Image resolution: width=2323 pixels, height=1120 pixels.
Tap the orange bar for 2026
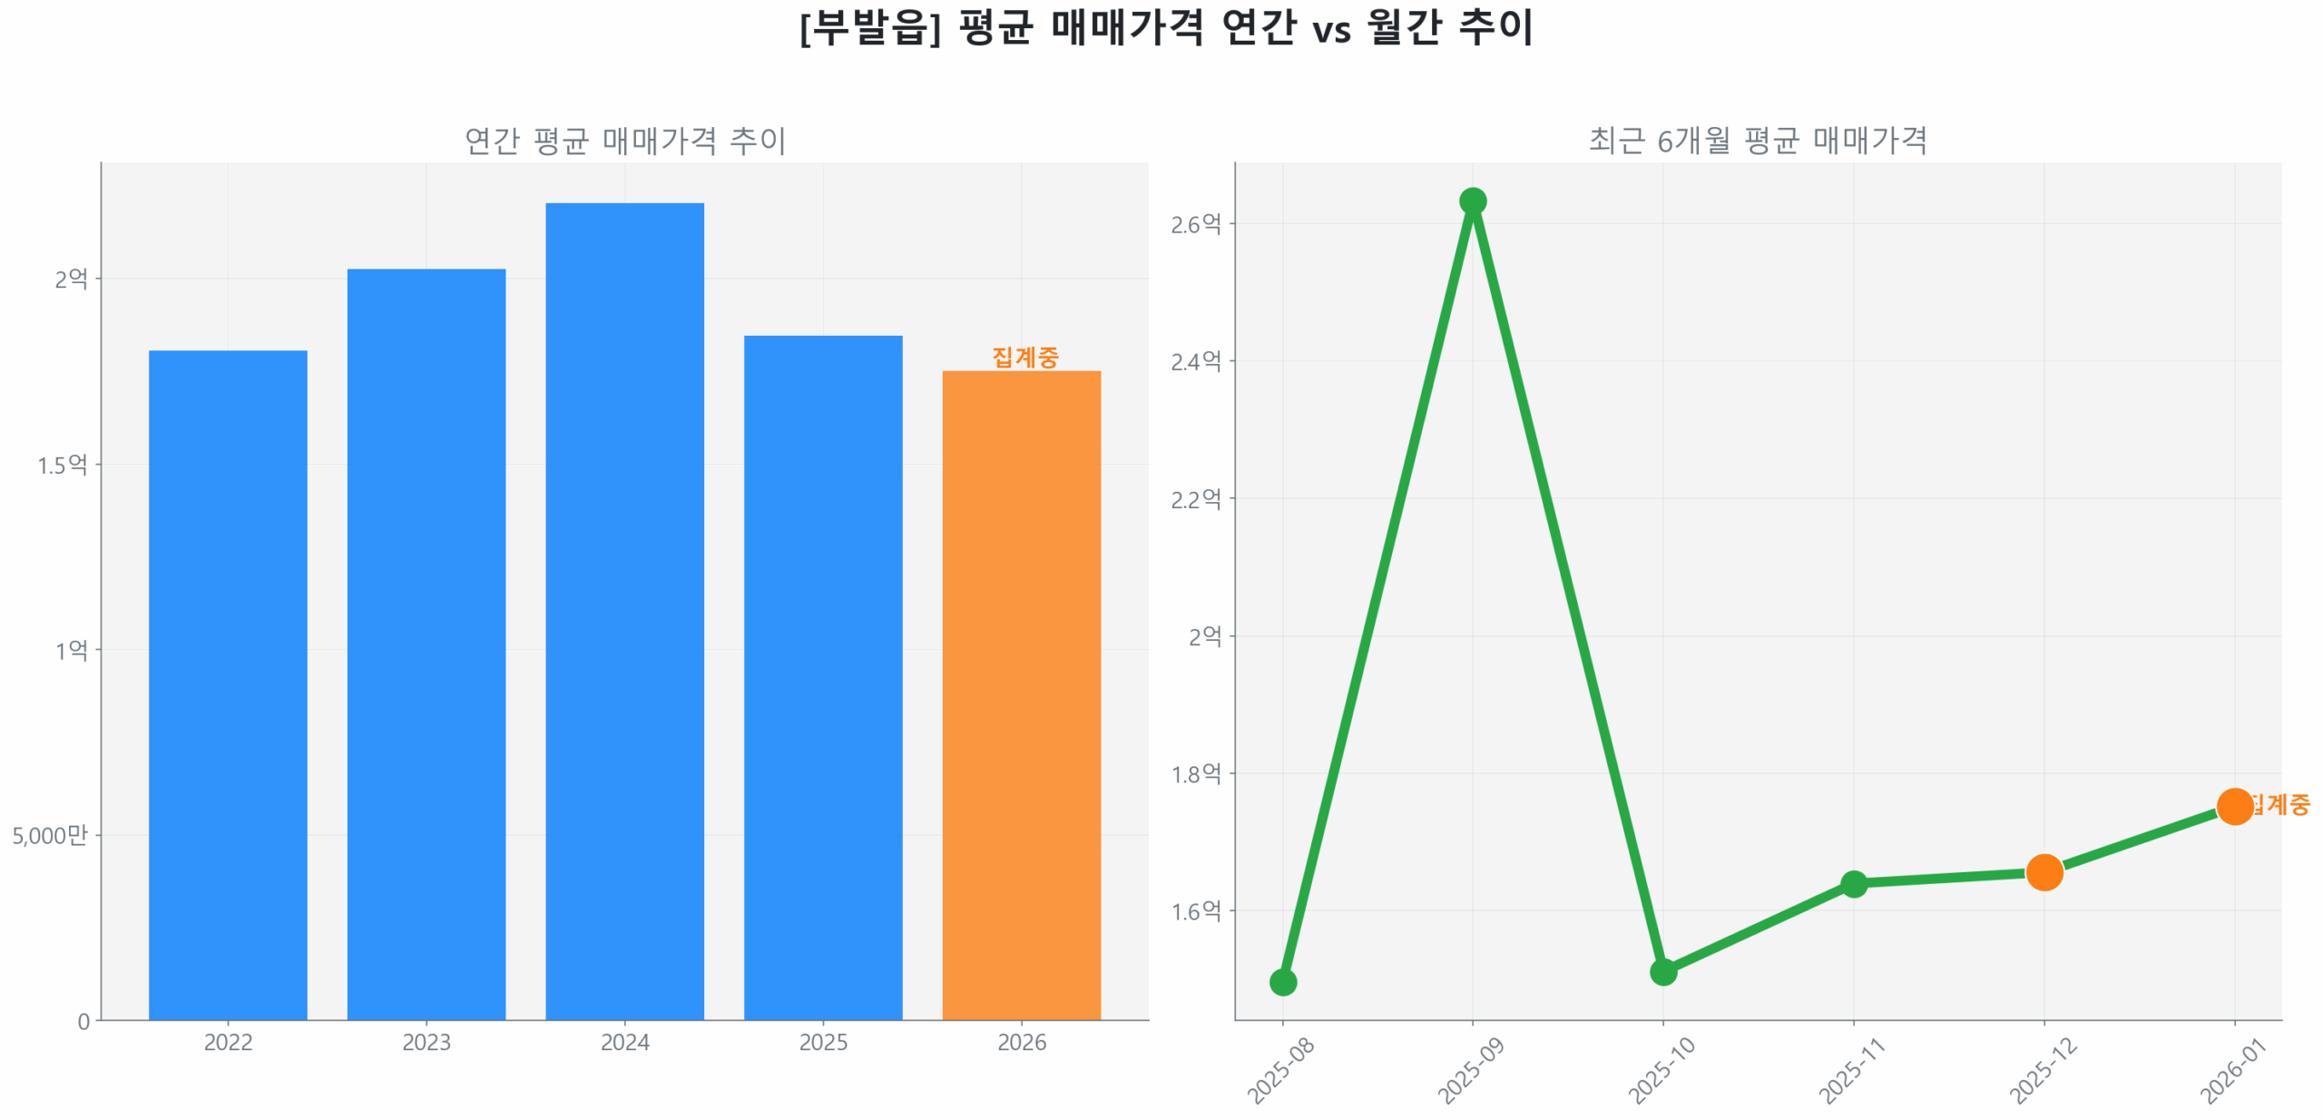point(1021,693)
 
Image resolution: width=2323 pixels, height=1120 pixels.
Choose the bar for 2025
point(822,676)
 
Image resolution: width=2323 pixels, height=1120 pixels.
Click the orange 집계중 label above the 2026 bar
point(1024,357)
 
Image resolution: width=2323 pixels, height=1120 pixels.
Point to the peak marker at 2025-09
point(1472,201)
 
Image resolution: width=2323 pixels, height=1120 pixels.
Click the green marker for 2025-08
point(1282,981)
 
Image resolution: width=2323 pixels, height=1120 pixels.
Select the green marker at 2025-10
point(1662,971)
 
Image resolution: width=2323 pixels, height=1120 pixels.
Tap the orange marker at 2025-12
point(2044,871)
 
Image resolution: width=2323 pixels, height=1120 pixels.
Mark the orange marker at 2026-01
point(2234,805)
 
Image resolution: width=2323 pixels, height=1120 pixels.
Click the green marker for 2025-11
point(1853,883)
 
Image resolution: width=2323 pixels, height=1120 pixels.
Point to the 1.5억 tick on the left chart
point(62,465)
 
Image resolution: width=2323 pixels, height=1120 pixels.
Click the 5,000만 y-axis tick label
point(50,834)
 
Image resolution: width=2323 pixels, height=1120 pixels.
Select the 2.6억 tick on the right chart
point(1195,224)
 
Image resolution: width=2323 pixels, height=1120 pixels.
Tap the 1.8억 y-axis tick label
point(1195,773)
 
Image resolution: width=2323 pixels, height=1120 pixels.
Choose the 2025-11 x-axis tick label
point(1851,1071)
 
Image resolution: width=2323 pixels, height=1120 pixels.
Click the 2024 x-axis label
point(624,1042)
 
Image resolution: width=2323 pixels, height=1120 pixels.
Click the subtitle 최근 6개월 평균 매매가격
point(1757,141)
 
